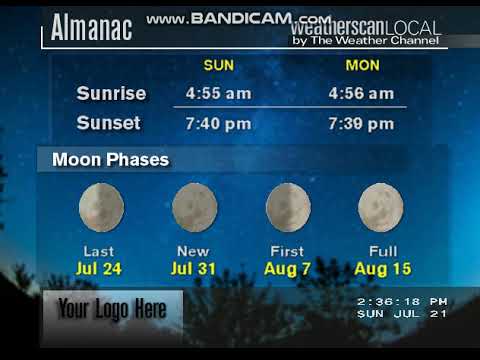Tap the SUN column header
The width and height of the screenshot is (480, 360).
(219, 66)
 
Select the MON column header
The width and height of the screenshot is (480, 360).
(361, 66)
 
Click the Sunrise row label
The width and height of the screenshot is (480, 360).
(111, 94)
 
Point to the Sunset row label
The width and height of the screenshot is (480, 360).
(109, 124)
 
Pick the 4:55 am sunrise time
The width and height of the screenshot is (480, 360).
(219, 94)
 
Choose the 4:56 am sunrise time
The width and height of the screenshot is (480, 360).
(361, 94)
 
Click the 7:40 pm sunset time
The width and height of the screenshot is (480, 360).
(219, 124)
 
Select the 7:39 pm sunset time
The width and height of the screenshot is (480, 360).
(361, 124)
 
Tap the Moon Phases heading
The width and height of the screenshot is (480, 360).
(110, 159)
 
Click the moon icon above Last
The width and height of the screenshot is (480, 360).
(101, 206)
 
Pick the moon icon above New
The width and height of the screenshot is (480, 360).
(194, 206)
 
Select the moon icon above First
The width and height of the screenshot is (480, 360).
(287, 206)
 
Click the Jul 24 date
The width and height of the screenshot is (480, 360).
(100, 268)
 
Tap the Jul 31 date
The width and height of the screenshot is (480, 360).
(194, 268)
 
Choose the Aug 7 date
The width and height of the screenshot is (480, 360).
(287, 268)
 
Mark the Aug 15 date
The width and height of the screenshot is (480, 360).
(381, 268)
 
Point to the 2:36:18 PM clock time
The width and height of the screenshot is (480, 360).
(401, 300)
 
